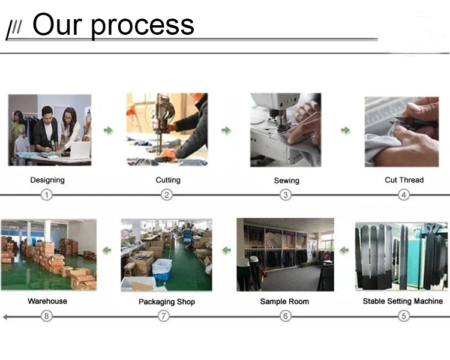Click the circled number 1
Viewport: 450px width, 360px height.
click(x=47, y=194)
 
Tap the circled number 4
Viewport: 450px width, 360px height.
click(x=404, y=194)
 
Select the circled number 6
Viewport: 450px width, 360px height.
click(x=285, y=316)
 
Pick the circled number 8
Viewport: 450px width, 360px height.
click(x=47, y=316)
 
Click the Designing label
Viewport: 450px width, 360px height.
click(x=47, y=180)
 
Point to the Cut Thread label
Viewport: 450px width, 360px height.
click(x=404, y=180)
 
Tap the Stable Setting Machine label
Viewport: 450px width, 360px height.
click(x=403, y=301)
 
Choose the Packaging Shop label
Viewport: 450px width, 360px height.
click(x=167, y=302)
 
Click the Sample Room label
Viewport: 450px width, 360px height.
click(x=284, y=301)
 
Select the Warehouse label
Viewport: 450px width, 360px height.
click(x=47, y=301)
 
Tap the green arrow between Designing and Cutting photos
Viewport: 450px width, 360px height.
click(x=108, y=130)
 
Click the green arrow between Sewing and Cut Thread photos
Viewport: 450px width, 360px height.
click(x=346, y=130)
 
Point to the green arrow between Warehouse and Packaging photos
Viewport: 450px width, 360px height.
click(x=107, y=250)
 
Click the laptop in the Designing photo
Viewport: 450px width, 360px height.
click(x=80, y=150)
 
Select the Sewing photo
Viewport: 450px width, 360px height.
click(x=285, y=130)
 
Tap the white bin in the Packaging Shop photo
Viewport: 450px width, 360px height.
click(x=162, y=268)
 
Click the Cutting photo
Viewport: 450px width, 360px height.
click(x=167, y=130)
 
